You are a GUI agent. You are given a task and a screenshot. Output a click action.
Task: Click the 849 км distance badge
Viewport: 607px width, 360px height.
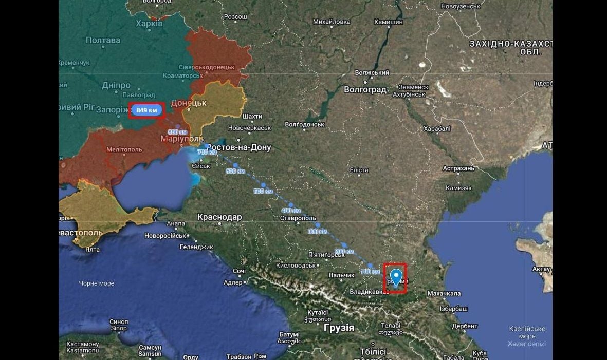pos(146,110)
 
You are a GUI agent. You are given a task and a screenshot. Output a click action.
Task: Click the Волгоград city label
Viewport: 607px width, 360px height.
pos(365,90)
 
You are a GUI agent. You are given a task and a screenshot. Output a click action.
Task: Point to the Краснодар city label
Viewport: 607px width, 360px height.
pos(219,217)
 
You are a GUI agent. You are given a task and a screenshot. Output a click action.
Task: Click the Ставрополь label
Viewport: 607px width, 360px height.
pos(298,218)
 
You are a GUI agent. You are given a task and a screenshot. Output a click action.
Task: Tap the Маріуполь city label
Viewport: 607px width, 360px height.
pos(182,139)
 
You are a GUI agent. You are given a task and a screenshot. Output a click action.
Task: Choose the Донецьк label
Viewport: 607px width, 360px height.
pos(188,103)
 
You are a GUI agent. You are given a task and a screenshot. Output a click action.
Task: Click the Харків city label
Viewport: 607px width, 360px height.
pos(150,24)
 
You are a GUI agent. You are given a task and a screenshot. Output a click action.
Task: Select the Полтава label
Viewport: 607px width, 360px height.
pos(103,40)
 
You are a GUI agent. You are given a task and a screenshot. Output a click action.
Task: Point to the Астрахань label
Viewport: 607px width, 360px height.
pos(458,168)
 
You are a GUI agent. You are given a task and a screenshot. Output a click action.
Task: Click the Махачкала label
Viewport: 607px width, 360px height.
pos(444,293)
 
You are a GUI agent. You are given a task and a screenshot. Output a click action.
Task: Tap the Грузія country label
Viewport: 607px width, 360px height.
pos(339,328)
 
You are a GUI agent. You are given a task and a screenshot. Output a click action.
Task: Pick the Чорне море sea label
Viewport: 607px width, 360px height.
pos(97,283)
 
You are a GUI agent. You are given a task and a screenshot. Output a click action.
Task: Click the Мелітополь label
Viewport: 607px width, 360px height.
pos(124,149)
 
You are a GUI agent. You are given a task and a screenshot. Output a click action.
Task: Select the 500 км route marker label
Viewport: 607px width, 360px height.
pos(263,191)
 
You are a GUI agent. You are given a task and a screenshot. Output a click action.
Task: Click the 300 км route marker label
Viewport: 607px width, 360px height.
pos(317,231)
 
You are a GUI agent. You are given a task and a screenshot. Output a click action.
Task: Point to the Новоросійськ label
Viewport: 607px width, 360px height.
pos(165,236)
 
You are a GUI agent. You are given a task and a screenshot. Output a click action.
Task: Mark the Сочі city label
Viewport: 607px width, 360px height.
pos(240,271)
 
